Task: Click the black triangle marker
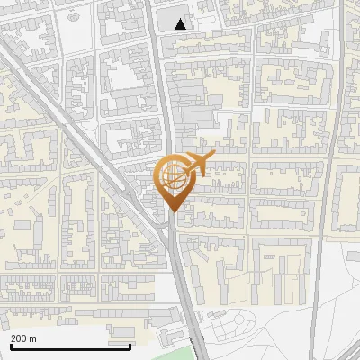(x=182, y=24)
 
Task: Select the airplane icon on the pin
(x=195, y=164)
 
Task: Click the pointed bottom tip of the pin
(x=173, y=211)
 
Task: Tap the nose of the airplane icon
(x=212, y=157)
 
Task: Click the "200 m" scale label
(x=23, y=338)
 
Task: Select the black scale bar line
(x=70, y=346)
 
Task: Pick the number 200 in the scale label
(x=19, y=338)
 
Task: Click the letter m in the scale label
(x=33, y=338)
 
